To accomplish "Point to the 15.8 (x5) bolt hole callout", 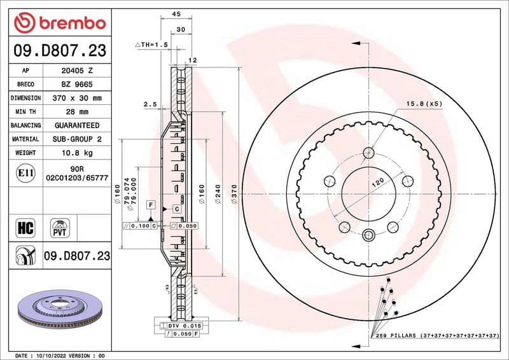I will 419,103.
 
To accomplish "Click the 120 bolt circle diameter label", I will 378,184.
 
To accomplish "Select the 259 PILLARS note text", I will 436,335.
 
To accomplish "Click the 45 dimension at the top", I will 176,14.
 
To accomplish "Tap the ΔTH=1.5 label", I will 151,46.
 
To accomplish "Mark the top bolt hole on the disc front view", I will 369,152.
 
